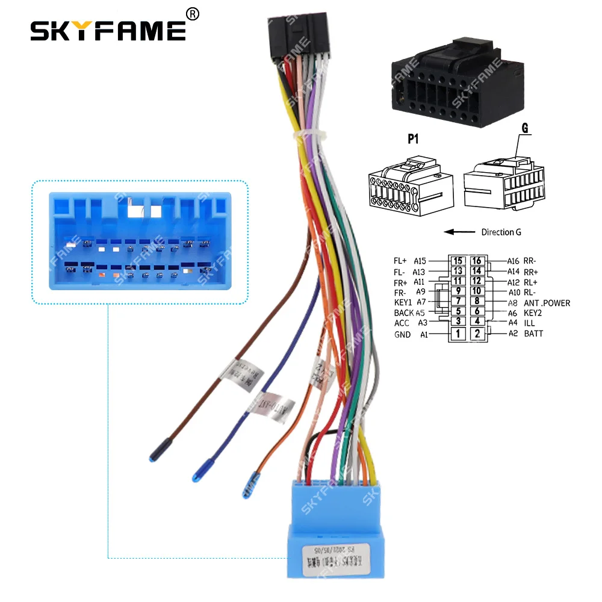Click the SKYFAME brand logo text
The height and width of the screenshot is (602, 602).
[108, 30]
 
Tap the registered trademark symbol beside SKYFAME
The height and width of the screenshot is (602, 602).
[193, 13]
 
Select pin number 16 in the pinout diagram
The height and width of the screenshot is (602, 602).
[477, 261]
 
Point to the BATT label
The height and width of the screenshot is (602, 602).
[533, 334]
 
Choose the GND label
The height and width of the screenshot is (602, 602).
[402, 335]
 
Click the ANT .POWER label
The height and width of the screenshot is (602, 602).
[547, 303]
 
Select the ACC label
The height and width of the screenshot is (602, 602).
[402, 323]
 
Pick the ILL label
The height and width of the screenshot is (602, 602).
[529, 323]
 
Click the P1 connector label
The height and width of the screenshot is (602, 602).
[413, 140]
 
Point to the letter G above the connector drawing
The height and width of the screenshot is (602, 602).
[525, 129]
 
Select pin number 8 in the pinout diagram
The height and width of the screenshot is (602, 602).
[477, 301]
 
